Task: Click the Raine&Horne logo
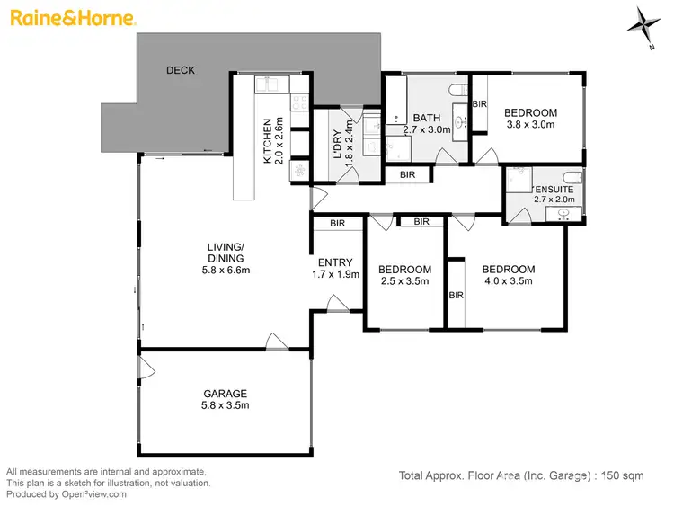point(72,18)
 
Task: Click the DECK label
point(181,70)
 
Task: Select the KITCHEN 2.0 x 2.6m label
point(272,141)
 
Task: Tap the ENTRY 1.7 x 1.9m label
point(335,268)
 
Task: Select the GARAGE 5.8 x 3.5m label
point(225,399)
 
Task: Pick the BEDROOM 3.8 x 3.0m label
point(531,119)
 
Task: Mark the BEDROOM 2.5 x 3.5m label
point(404,275)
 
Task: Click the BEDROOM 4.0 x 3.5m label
point(508,275)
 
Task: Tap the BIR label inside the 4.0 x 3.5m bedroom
point(456,295)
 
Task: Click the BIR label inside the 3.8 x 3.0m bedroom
point(480,104)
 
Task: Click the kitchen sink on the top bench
point(269,84)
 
